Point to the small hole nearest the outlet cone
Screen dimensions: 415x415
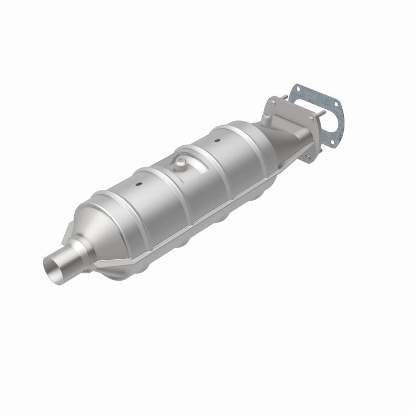point(140,184)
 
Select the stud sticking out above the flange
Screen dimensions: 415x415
point(284,96)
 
